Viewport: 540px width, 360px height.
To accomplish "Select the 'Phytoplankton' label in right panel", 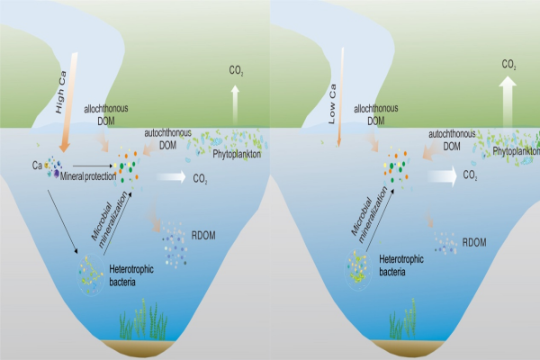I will (x=510, y=153).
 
